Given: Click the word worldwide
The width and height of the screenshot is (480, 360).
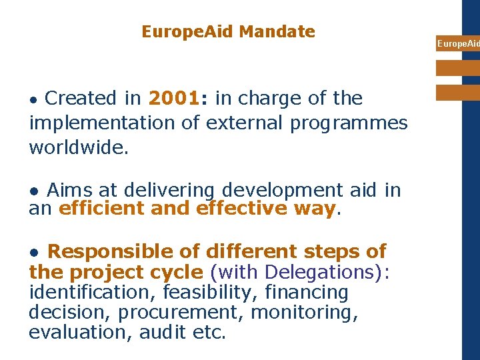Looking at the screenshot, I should (79, 147).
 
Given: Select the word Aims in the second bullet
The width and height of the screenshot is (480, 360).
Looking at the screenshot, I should (69, 191).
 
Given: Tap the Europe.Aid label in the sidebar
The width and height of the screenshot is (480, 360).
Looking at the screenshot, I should (457, 44).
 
